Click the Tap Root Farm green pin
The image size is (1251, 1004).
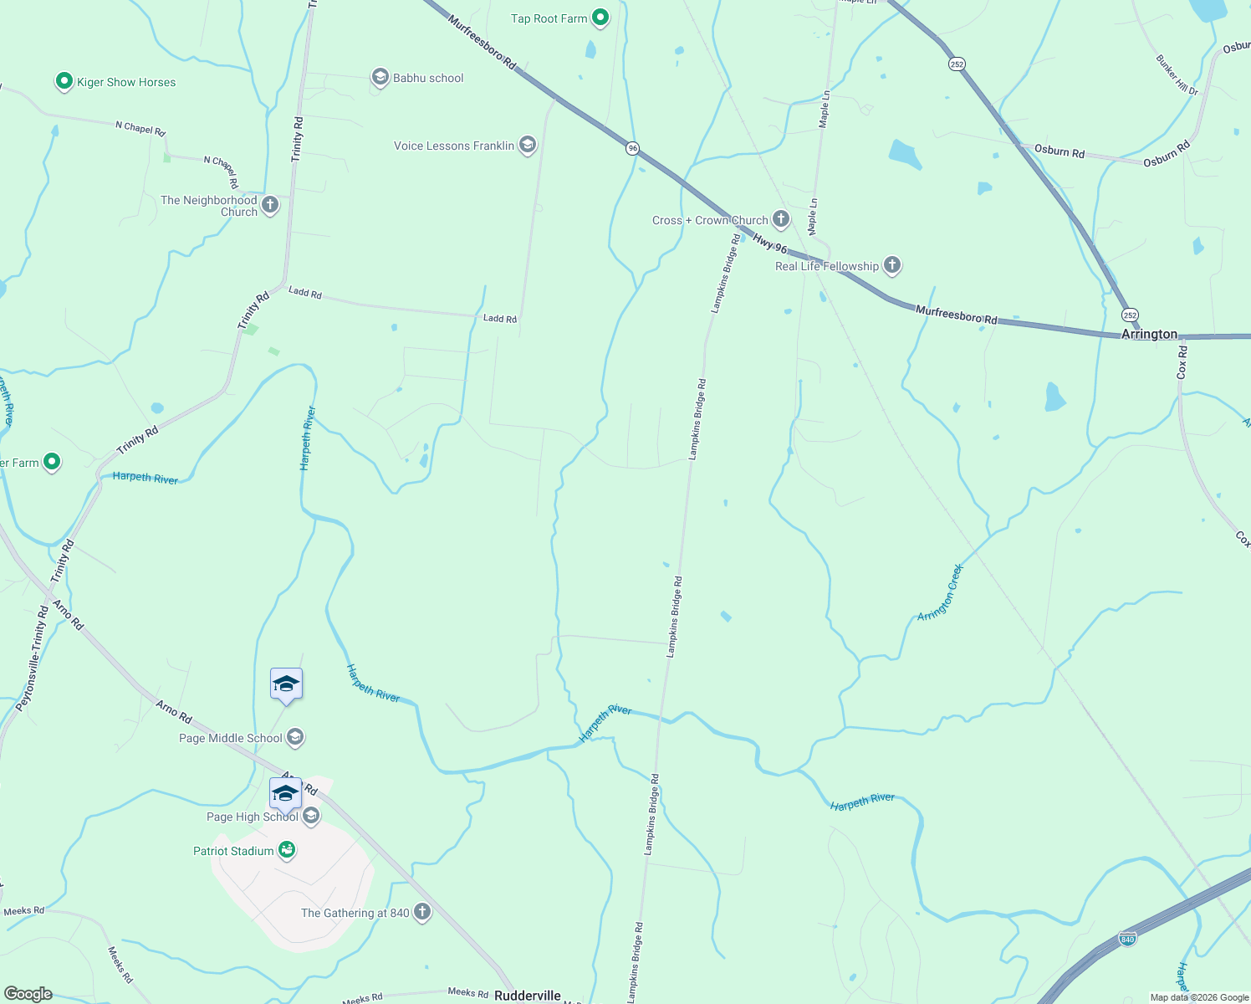(x=600, y=18)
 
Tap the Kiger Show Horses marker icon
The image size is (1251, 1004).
(x=64, y=81)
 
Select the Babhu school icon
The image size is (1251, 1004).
(x=380, y=78)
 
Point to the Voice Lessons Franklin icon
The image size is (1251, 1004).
(x=527, y=146)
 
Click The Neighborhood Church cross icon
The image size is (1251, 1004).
(x=270, y=205)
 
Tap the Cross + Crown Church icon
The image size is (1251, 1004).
(x=780, y=220)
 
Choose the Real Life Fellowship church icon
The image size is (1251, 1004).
(x=892, y=266)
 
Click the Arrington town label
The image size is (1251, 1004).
(x=1149, y=334)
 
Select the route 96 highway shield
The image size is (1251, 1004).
(x=633, y=148)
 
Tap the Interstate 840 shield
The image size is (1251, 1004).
(x=1128, y=939)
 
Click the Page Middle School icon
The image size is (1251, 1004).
(x=294, y=737)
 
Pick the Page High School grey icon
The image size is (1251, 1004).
(x=311, y=816)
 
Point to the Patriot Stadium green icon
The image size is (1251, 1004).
(x=287, y=850)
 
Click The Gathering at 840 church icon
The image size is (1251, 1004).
(x=422, y=912)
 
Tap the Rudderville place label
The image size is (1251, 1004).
(x=528, y=996)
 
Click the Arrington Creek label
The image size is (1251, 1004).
(x=941, y=592)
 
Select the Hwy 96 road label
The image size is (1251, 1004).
(x=770, y=243)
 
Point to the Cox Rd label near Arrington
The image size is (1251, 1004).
(x=1182, y=362)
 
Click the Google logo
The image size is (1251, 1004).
(x=28, y=994)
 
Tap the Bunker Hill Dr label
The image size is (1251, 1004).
(x=1177, y=74)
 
